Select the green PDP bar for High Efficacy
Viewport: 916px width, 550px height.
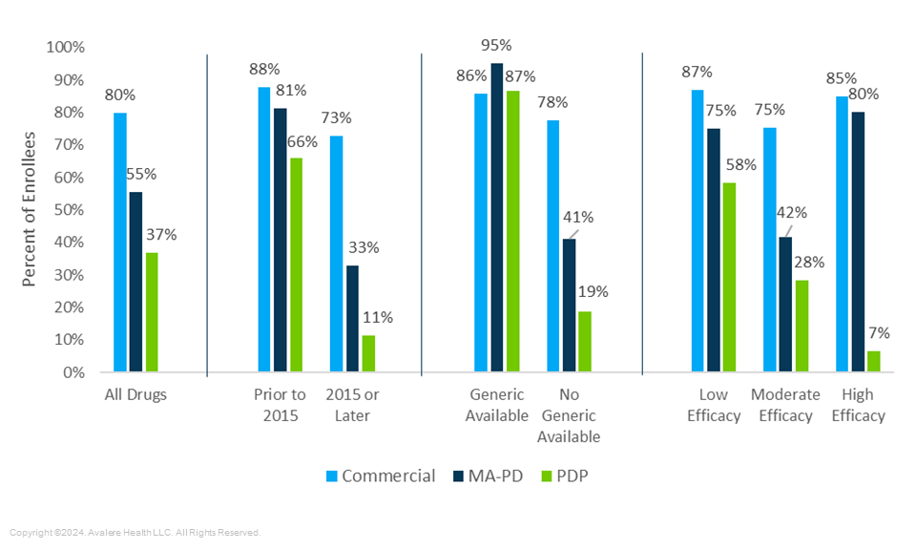(874, 361)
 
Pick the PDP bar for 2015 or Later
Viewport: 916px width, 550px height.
(368, 352)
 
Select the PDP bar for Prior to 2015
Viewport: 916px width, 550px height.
(296, 264)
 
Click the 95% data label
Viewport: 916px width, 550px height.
(496, 45)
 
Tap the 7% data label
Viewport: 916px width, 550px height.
(878, 333)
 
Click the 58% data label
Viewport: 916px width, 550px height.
(740, 164)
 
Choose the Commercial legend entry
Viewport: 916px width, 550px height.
(380, 476)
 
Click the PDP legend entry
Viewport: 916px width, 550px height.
(561, 476)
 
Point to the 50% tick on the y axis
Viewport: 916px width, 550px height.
(69, 209)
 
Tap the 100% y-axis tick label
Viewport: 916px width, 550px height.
(66, 47)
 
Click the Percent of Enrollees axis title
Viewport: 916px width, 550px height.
(30, 210)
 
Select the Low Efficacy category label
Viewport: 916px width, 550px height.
(713, 405)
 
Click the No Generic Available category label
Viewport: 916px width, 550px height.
(568, 415)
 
